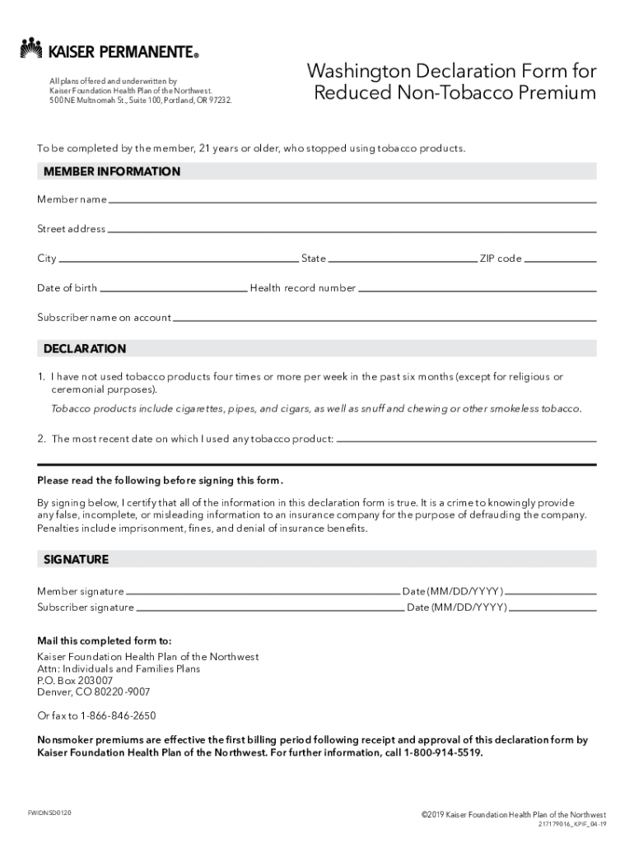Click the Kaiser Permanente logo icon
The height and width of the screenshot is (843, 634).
click(30, 49)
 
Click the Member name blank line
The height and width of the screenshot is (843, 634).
click(352, 200)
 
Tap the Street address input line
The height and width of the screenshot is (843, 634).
click(351, 230)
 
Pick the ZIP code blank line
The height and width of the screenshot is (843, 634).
click(560, 259)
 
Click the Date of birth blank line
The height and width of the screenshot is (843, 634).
click(173, 289)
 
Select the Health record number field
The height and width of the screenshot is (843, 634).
click(477, 289)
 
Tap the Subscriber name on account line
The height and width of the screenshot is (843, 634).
click(385, 319)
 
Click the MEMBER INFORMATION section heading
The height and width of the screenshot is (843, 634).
click(112, 172)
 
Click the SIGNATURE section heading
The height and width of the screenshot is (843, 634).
click(76, 560)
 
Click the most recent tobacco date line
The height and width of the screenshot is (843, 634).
click(466, 440)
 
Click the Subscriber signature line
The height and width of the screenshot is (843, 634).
click(269, 608)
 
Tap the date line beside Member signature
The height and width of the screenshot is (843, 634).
click(551, 592)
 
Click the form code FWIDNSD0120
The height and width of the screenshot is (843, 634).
click(49, 813)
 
